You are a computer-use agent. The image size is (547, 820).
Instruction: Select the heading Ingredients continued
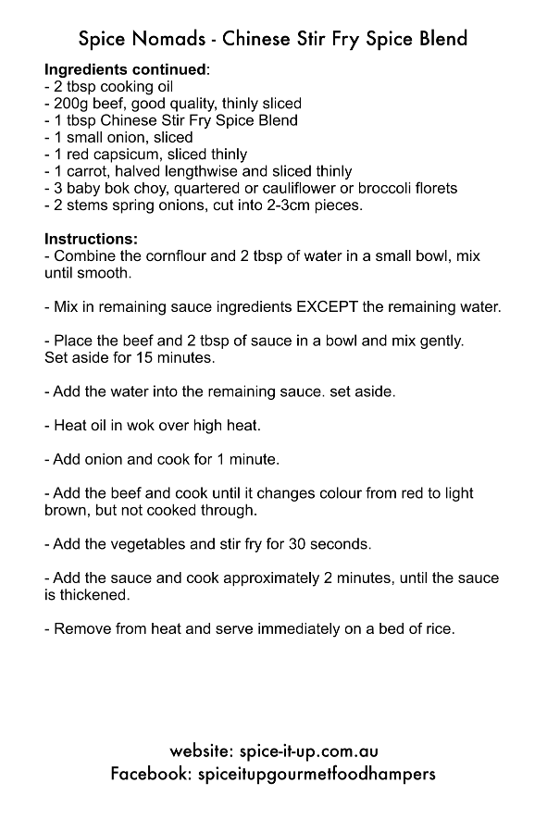click(x=126, y=69)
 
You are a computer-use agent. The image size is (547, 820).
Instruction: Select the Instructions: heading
click(x=92, y=239)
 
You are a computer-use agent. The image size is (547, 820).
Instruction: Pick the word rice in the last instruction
click(x=440, y=629)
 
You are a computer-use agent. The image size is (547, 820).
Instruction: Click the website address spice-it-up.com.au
click(x=307, y=751)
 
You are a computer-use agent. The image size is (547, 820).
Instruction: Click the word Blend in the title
click(x=441, y=38)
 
